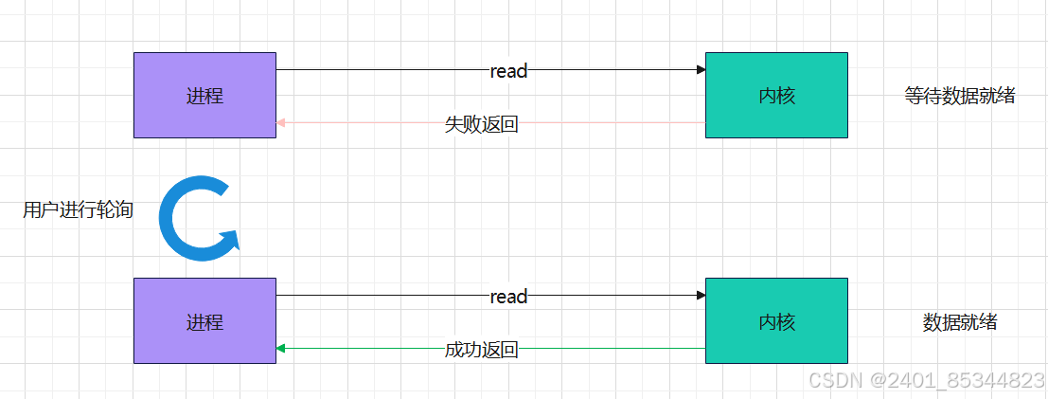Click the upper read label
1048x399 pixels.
pyautogui.click(x=508, y=71)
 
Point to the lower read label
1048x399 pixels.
pyautogui.click(x=508, y=297)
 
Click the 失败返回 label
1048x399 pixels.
pyautogui.click(x=481, y=124)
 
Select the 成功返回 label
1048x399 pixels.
pyautogui.click(x=481, y=350)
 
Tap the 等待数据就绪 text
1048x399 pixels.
pyautogui.click(x=959, y=96)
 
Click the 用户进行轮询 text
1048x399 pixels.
pyautogui.click(x=78, y=210)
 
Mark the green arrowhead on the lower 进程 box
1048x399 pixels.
pyautogui.click(x=281, y=349)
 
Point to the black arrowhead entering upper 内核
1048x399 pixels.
pyautogui.click(x=701, y=69)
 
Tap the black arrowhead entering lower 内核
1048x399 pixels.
pyautogui.click(x=701, y=296)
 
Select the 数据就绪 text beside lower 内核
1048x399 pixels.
pyautogui.click(x=959, y=322)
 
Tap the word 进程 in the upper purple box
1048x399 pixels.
pyautogui.click(x=204, y=96)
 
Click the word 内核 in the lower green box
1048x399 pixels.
pyautogui.click(x=776, y=322)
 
